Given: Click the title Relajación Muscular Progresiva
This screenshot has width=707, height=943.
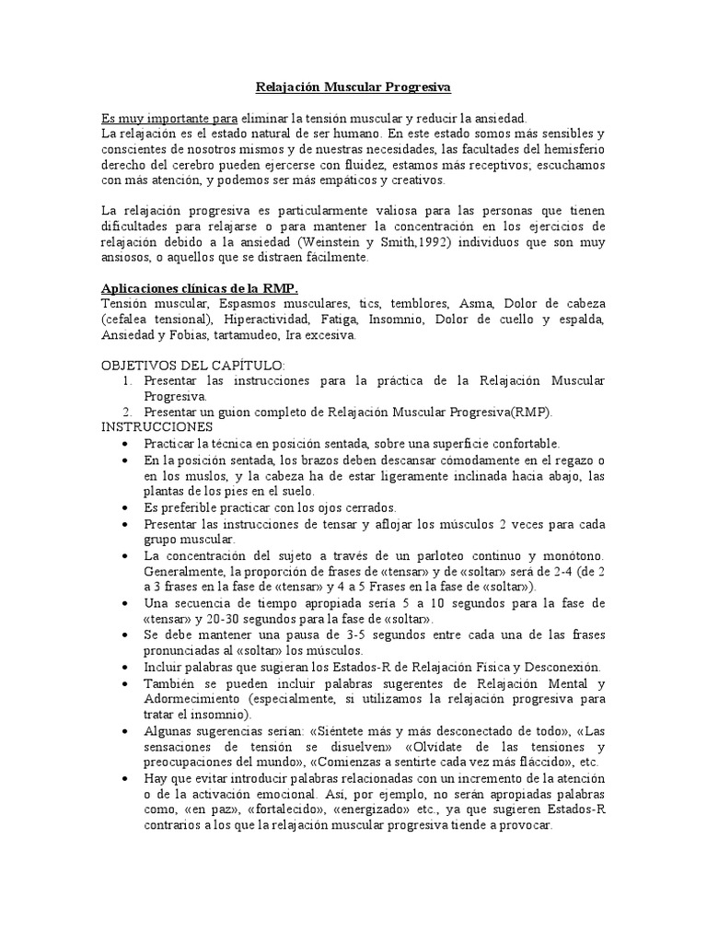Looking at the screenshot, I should (353, 87).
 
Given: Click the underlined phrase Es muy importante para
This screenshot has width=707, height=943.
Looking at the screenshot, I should (169, 118).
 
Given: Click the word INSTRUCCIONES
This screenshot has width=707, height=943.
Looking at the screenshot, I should (156, 427).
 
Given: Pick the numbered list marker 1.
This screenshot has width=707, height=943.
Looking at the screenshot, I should (127, 380).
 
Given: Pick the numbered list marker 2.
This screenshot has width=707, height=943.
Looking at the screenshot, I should (127, 412).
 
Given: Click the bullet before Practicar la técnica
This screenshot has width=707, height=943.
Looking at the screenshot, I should (125, 444).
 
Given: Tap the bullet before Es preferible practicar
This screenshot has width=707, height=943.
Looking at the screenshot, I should (125, 507).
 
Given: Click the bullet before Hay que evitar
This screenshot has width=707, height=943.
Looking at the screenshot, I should (125, 778).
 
